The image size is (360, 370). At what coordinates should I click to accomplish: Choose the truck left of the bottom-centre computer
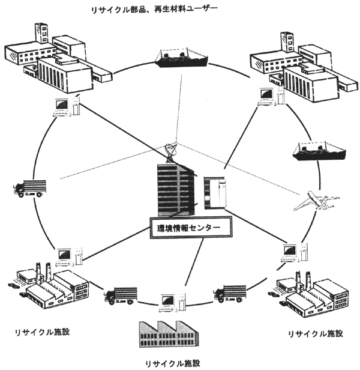click(119, 296)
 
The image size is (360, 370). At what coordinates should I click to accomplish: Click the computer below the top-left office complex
click(62, 106)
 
